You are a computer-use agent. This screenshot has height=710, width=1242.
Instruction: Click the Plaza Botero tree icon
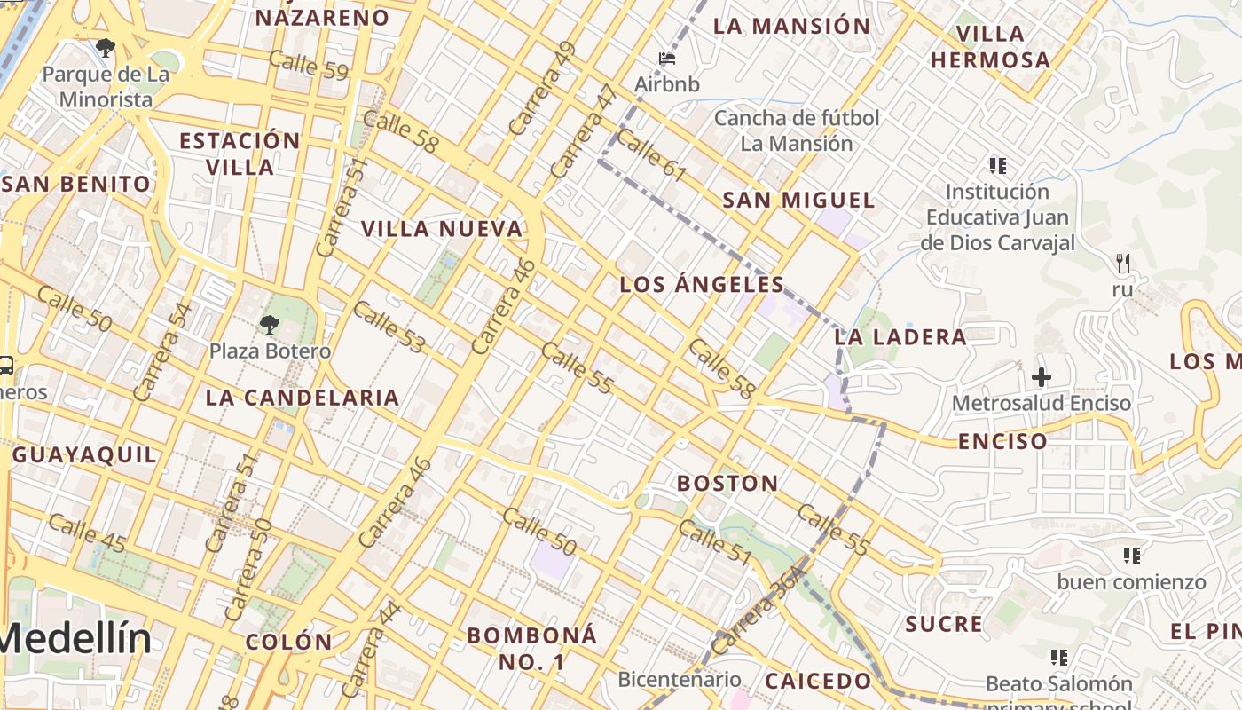click(x=269, y=325)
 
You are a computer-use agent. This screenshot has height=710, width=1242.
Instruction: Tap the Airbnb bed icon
click(x=667, y=59)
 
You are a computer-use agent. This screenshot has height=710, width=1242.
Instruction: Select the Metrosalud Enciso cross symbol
click(x=1041, y=377)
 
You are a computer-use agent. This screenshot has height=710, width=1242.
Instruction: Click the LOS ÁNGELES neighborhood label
click(x=702, y=285)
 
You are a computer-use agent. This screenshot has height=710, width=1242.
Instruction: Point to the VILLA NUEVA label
click(x=442, y=229)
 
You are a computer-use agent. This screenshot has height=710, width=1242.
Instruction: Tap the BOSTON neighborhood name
click(x=727, y=484)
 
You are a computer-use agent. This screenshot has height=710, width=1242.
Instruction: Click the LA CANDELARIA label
click(x=303, y=398)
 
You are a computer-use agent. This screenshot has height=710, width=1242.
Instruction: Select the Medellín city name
click(x=75, y=638)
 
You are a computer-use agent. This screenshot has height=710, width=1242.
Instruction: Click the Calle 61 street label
click(x=651, y=155)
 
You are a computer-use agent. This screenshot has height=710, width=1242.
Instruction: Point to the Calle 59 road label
click(x=308, y=66)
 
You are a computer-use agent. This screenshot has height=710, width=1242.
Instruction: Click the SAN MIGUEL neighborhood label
click(x=798, y=201)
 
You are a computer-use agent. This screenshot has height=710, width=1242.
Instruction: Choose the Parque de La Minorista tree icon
click(x=106, y=48)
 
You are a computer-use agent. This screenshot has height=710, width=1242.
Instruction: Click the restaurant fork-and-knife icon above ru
click(x=1123, y=263)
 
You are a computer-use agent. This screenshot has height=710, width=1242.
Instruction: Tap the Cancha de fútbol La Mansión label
click(x=797, y=130)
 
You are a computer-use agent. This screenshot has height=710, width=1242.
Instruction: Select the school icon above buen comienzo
click(x=1131, y=556)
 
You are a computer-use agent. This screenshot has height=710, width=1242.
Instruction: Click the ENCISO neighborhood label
click(x=1002, y=441)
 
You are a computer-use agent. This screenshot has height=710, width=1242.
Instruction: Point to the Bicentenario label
click(x=680, y=680)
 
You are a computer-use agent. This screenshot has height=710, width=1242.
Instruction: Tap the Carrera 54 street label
click(x=161, y=351)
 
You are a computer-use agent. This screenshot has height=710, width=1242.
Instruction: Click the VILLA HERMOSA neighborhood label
click(x=990, y=47)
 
